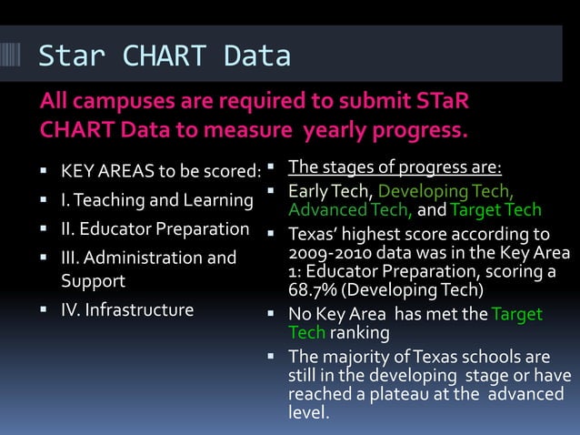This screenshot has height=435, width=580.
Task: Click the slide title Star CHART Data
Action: [164, 56]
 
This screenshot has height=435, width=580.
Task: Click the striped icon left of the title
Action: [15, 55]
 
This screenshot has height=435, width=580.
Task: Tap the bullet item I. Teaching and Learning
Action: [155, 199]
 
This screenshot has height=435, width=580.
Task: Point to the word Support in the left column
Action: [93, 280]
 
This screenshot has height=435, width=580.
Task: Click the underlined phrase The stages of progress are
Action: [401, 168]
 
